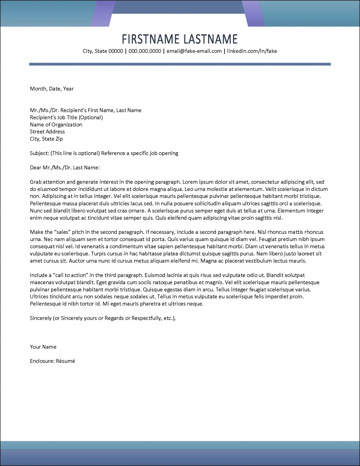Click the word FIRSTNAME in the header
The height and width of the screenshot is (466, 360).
click(x=151, y=39)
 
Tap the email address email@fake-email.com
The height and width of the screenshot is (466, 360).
click(x=194, y=51)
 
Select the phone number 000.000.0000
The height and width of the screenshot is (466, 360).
click(x=145, y=51)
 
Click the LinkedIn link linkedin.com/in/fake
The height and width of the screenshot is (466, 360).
click(x=252, y=51)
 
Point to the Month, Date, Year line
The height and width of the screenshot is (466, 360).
click(x=52, y=89)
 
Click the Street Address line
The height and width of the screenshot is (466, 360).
click(x=47, y=132)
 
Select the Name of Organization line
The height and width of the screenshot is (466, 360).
click(x=56, y=125)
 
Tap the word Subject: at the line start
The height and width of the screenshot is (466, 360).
click(x=39, y=153)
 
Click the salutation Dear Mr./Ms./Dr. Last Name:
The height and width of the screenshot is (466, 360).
click(x=65, y=168)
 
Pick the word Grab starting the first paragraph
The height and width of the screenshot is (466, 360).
click(x=36, y=182)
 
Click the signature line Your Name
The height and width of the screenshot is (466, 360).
click(x=43, y=347)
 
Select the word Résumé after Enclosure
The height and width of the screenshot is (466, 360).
click(x=65, y=361)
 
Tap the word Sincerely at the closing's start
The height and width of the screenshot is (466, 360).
click(x=41, y=318)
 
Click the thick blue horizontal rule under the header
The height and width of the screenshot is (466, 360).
click(x=180, y=64)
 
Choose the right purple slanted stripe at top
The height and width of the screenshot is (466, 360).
click(x=254, y=14)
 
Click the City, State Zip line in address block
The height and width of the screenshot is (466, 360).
click(x=46, y=139)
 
